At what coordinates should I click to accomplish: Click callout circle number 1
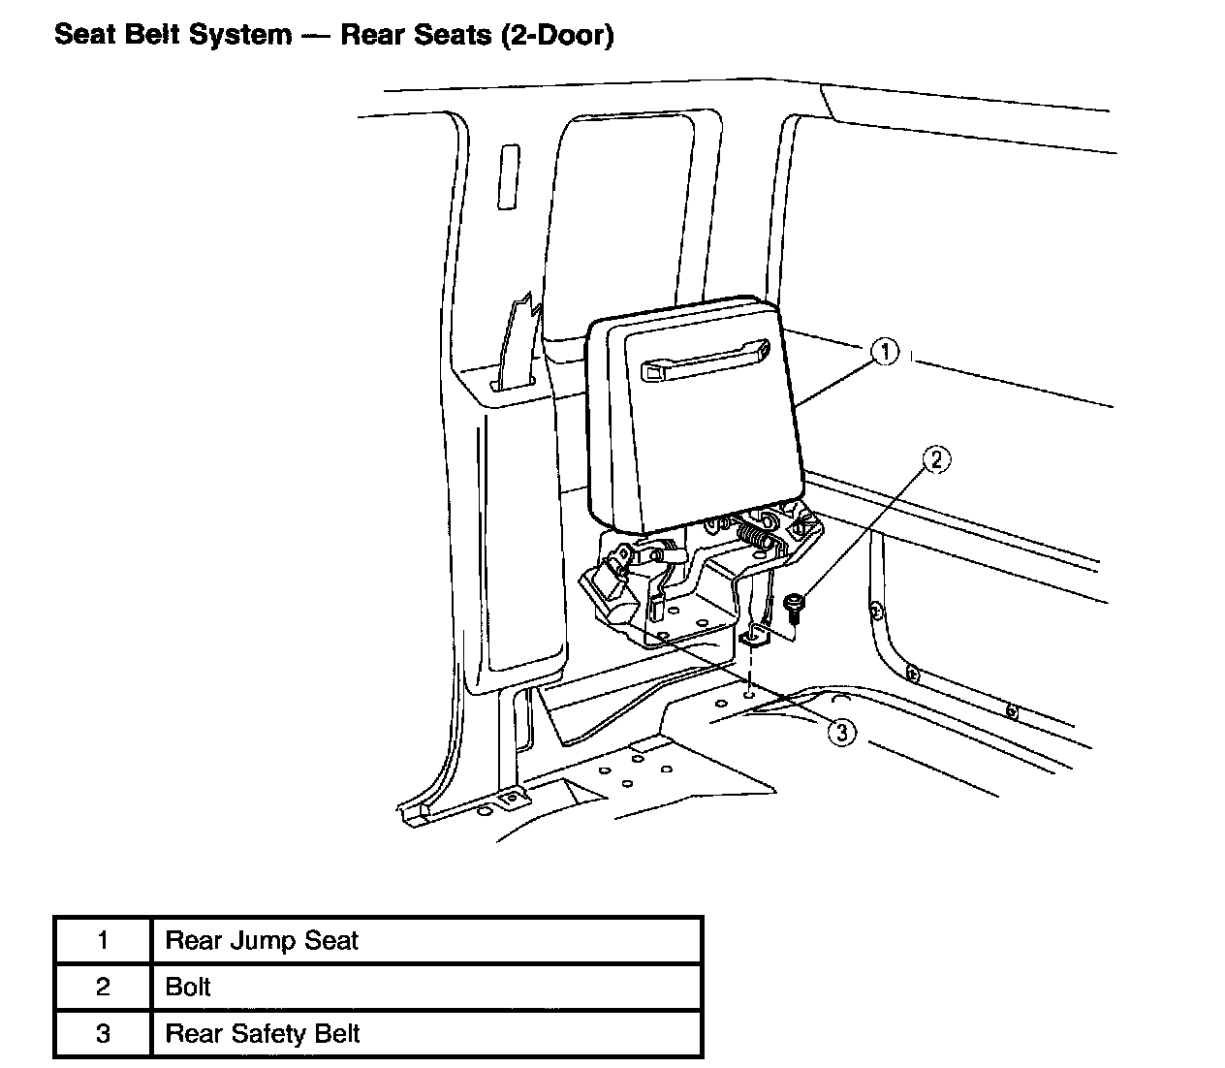pos(884,353)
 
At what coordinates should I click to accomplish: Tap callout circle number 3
pos(841,733)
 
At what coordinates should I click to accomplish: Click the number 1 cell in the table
pos(103,941)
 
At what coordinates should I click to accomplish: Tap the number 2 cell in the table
pos(103,988)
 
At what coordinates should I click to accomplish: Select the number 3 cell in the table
pos(103,1034)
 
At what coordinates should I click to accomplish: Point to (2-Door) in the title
pos(558,36)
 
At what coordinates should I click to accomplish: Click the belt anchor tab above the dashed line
pos(753,637)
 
